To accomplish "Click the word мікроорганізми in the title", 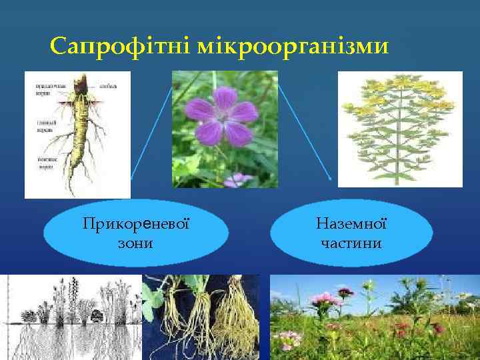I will click(x=289, y=47).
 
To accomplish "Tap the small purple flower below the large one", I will click(x=237, y=179).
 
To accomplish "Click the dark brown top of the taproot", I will click(x=81, y=85).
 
